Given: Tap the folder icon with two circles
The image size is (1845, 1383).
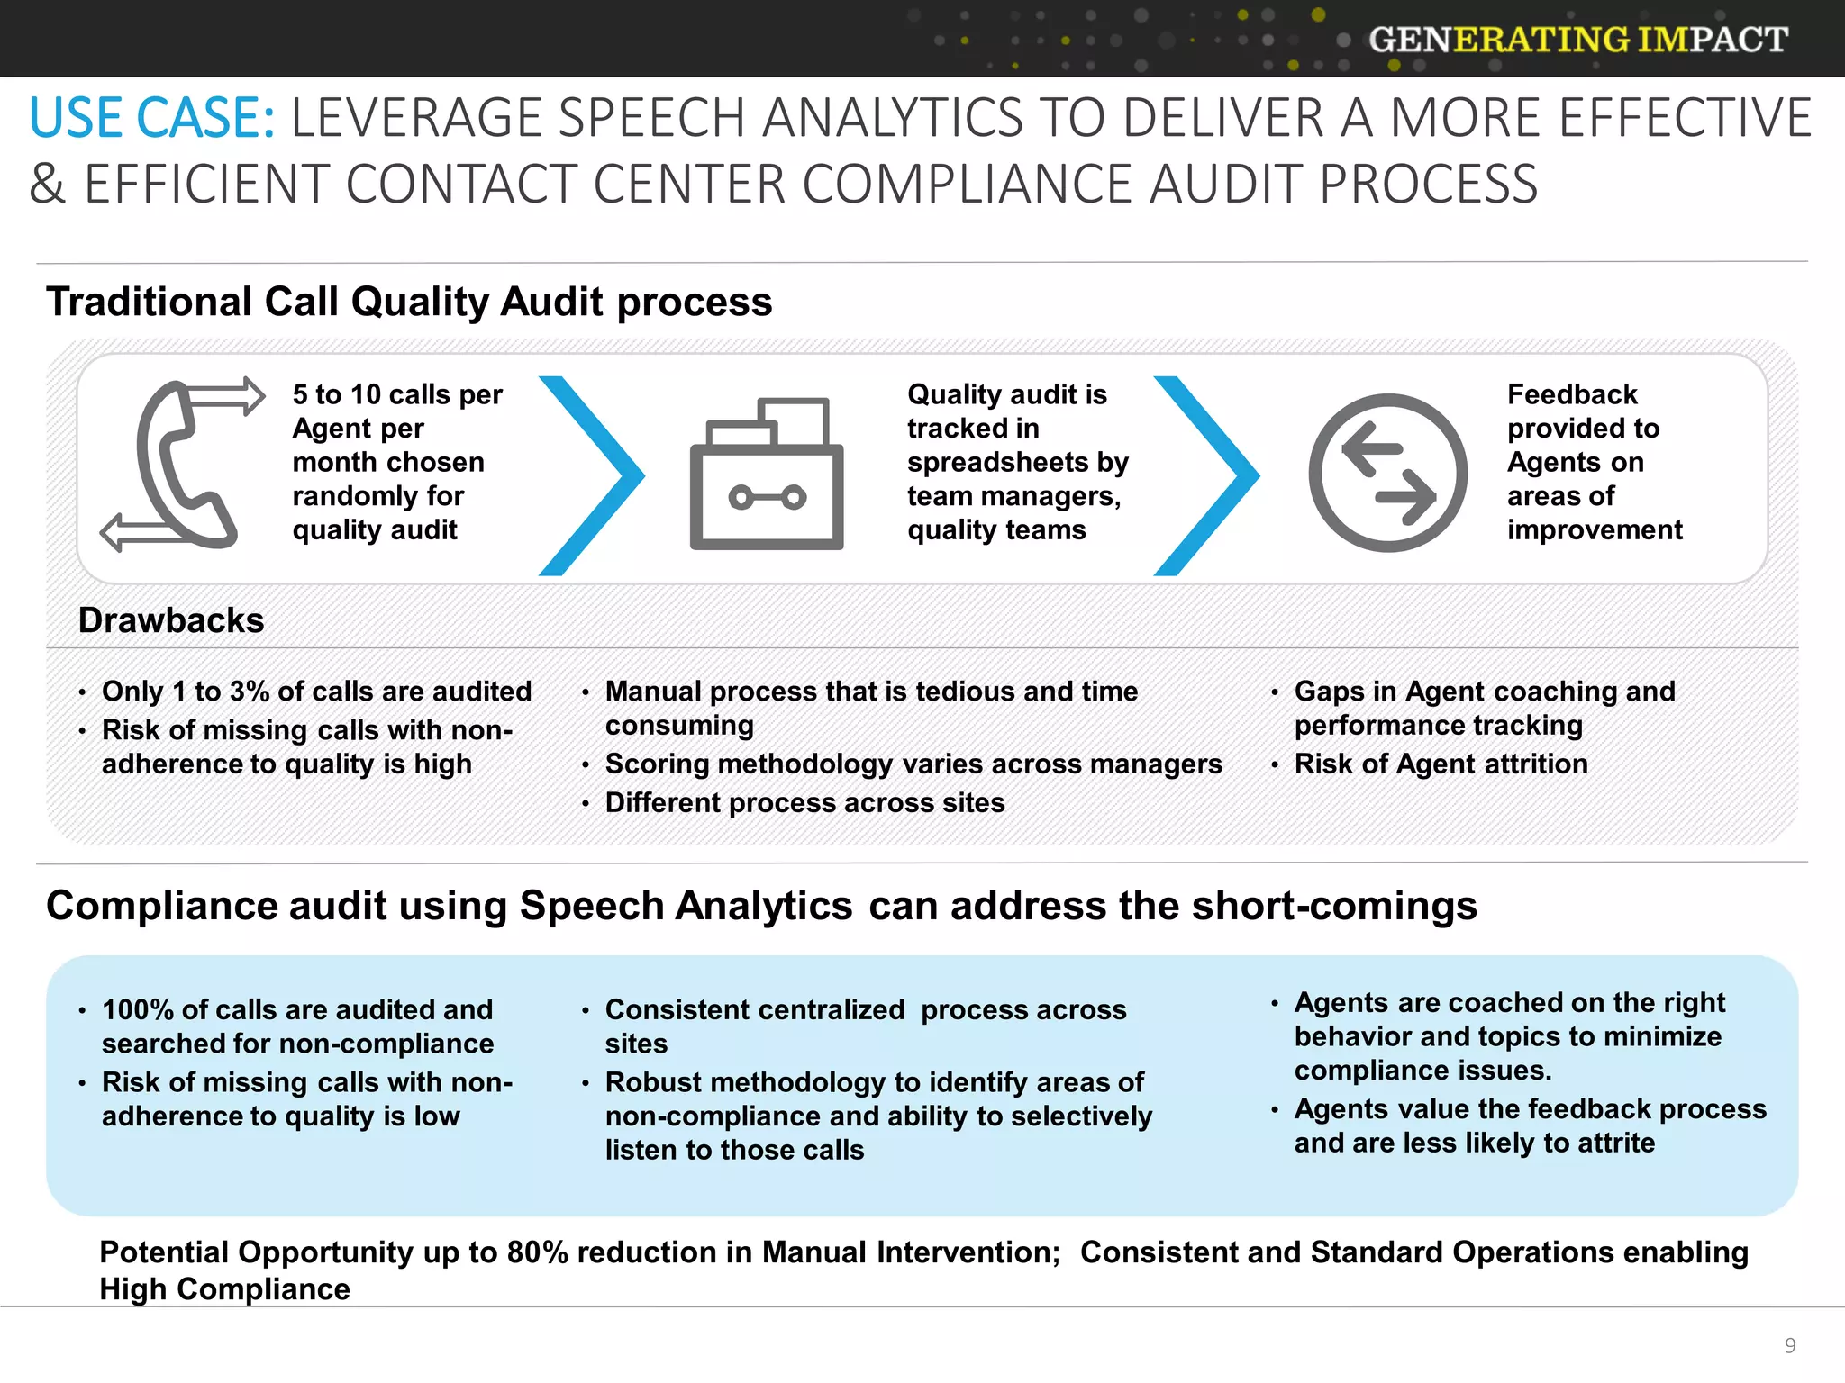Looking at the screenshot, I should pos(767,475).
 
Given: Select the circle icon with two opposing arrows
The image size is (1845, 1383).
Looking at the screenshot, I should pos(1387,473).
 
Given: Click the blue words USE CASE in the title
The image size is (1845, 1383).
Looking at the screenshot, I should pos(151,119).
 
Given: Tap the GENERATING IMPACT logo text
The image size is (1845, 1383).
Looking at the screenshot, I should pos(1577,40).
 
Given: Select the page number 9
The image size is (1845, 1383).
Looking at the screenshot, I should pos(1789,1345).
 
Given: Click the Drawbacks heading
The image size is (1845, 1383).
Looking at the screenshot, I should pos(171,620).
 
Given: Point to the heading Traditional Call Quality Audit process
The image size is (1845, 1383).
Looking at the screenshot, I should pos(409,302).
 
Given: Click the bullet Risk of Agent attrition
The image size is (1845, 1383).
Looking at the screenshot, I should pos(1441,764).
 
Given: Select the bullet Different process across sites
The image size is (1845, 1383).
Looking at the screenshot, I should pos(804,802).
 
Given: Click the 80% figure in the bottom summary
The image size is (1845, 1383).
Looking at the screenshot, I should pos(537,1252).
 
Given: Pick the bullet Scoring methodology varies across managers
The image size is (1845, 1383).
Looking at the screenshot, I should pos(913,764).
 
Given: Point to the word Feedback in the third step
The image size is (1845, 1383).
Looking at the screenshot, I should pos(1571,394).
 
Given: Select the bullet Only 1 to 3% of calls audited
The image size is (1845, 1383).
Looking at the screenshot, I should pos(316,691).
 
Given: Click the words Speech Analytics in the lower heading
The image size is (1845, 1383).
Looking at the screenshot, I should pos(686,906).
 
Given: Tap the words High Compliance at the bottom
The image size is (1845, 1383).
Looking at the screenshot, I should pos(224,1289).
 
